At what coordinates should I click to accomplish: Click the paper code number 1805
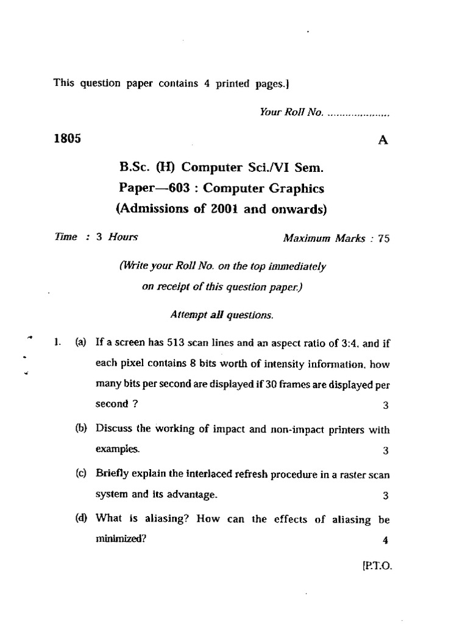(68, 138)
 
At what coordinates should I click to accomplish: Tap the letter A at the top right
(383, 140)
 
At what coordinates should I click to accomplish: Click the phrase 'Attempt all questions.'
(221, 315)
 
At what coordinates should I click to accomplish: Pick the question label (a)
(80, 343)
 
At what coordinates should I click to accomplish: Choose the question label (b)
(80, 428)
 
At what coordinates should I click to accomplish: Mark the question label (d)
(80, 519)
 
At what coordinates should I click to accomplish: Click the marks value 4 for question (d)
(385, 541)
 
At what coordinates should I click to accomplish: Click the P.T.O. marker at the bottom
(378, 565)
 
